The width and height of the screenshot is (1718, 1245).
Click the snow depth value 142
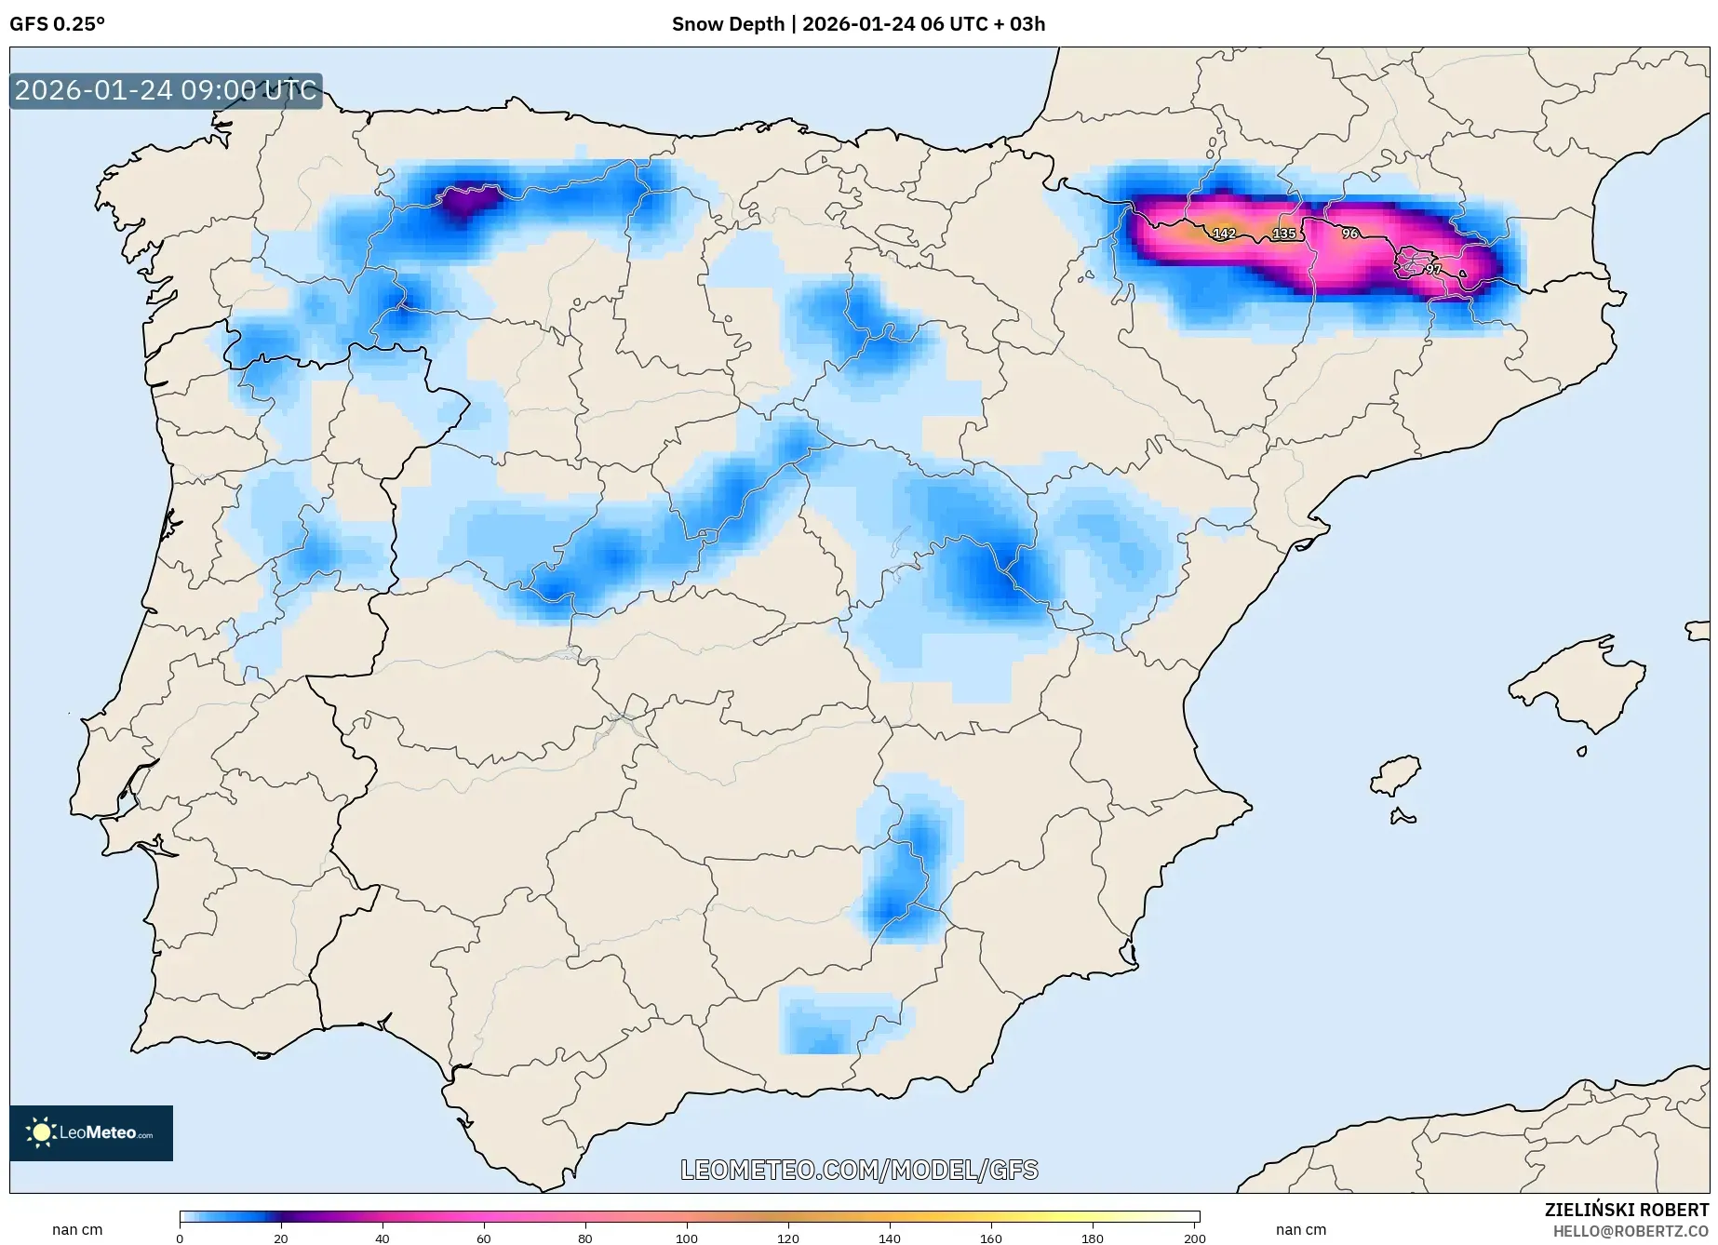[1224, 234]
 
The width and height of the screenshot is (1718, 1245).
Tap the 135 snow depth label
[1284, 234]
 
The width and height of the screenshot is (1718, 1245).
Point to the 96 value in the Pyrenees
[1350, 234]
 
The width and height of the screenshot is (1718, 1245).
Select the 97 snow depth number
[1433, 269]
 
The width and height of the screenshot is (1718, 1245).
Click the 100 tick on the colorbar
[687, 1238]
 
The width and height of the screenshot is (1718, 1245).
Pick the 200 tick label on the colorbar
[1195, 1238]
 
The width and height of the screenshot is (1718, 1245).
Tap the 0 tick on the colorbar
[180, 1238]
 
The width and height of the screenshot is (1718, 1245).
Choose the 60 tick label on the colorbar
[484, 1238]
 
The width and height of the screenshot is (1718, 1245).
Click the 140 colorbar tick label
[890, 1238]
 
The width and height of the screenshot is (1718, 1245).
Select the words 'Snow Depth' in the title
[728, 24]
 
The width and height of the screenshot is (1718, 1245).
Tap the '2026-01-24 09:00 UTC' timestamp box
[166, 90]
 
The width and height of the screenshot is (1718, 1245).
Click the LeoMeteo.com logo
[91, 1132]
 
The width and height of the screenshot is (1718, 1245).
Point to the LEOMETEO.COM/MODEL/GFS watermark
[859, 1170]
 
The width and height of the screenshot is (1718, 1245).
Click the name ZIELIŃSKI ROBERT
[1627, 1210]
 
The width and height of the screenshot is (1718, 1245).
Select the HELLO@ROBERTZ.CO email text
[1631, 1231]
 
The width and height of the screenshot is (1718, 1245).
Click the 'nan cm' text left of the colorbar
[77, 1229]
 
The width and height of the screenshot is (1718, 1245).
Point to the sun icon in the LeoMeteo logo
[41, 1132]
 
